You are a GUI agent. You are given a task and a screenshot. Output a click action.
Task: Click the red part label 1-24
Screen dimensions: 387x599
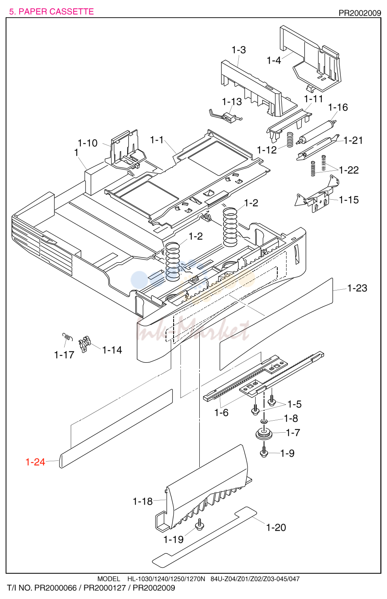pos(35,462)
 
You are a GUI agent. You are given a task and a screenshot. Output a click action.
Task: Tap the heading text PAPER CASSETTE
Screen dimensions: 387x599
pos(56,12)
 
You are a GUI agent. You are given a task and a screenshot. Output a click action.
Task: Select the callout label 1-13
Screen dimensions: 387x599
pos(232,102)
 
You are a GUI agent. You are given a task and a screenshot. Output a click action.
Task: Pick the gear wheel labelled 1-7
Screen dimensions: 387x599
pos(264,433)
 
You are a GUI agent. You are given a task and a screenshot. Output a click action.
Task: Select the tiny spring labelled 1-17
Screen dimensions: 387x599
pos(68,337)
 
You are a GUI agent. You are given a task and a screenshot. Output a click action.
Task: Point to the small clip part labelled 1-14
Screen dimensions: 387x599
pos(85,344)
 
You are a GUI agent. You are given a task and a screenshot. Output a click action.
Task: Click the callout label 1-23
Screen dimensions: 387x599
pos(357,288)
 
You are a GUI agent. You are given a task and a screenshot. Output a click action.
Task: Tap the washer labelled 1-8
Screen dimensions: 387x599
pos(264,421)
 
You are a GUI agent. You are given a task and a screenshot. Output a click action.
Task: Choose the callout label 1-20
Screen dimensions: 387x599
pos(276,527)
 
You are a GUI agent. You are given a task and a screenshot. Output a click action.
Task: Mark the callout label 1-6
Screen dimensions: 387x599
pos(221,413)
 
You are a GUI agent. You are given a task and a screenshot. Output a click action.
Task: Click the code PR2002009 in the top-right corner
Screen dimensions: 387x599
pos(360,13)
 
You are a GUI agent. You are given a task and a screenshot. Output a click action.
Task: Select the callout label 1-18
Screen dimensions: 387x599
pos(143,501)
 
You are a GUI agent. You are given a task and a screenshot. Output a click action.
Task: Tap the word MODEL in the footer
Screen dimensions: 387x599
pos(109,579)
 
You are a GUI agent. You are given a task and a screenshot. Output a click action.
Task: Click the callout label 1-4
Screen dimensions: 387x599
pos(274,60)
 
